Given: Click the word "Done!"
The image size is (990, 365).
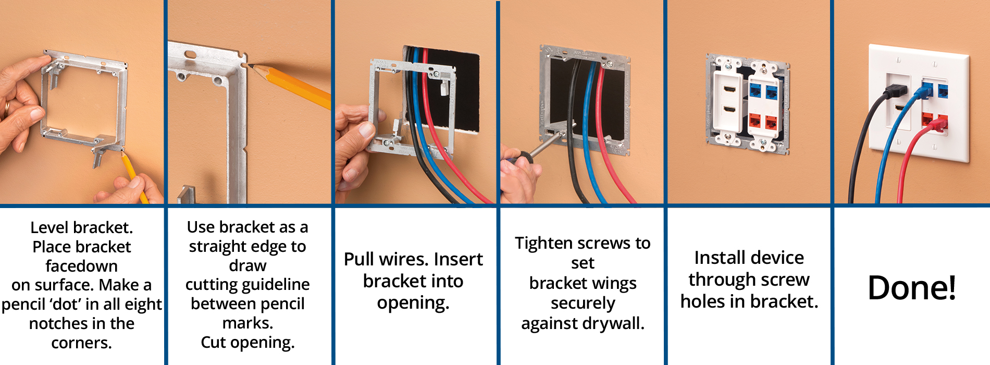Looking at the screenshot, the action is pos(912,287).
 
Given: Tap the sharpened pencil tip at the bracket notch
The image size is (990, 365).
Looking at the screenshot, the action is pos(249,66).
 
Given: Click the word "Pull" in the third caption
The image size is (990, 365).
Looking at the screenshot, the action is pos(359,259).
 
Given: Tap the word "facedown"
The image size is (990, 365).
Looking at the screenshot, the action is pos(81,266).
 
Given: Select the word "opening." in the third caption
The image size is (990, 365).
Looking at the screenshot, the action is pos(413,303).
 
